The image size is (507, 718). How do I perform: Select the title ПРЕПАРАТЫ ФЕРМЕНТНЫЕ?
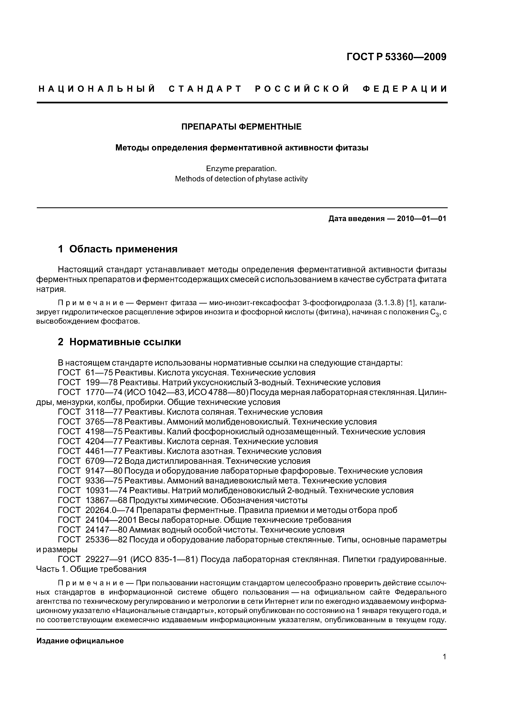pyautogui.click(x=241, y=127)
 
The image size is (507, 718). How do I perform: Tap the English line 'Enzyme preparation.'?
pyautogui.click(x=241, y=169)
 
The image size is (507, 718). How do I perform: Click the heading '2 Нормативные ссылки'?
pyautogui.click(x=119, y=342)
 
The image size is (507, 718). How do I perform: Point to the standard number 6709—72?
pyautogui.click(x=104, y=461)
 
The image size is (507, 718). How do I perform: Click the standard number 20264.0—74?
pyautogui.click(x=110, y=510)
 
